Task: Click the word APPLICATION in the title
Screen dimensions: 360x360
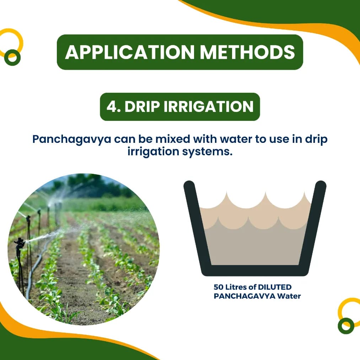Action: click(130, 52)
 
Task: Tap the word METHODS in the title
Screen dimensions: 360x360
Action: click(247, 52)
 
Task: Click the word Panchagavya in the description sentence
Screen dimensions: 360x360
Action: click(71, 139)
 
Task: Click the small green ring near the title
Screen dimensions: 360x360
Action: click(12, 57)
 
